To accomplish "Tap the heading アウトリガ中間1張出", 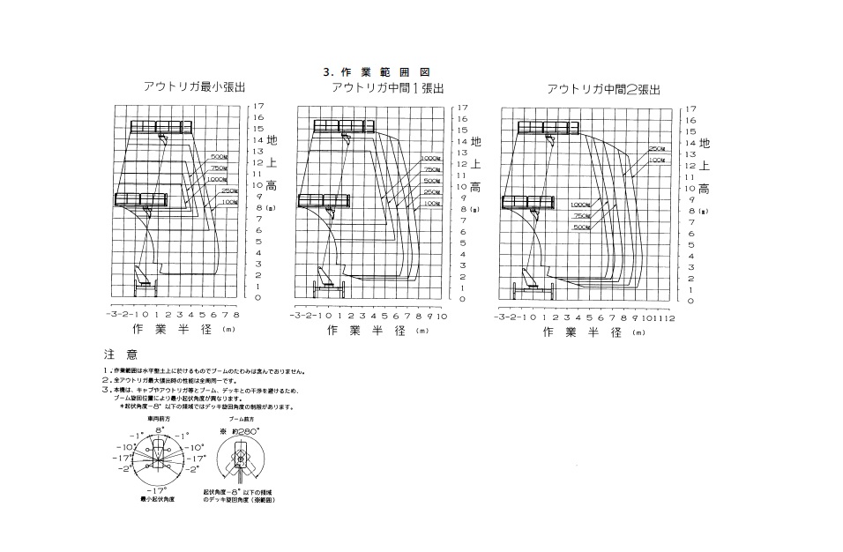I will (x=387, y=87).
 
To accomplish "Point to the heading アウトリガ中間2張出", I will (x=603, y=89).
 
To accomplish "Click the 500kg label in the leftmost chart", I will (x=220, y=156).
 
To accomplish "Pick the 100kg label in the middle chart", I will (x=432, y=203).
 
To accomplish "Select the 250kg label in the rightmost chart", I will (x=657, y=149).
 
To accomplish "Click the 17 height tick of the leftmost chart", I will (x=258, y=106).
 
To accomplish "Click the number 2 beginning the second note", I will (x=104, y=379).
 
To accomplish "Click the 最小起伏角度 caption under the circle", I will (x=159, y=499).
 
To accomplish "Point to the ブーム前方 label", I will (x=242, y=420).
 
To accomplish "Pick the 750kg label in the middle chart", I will (x=432, y=169).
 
